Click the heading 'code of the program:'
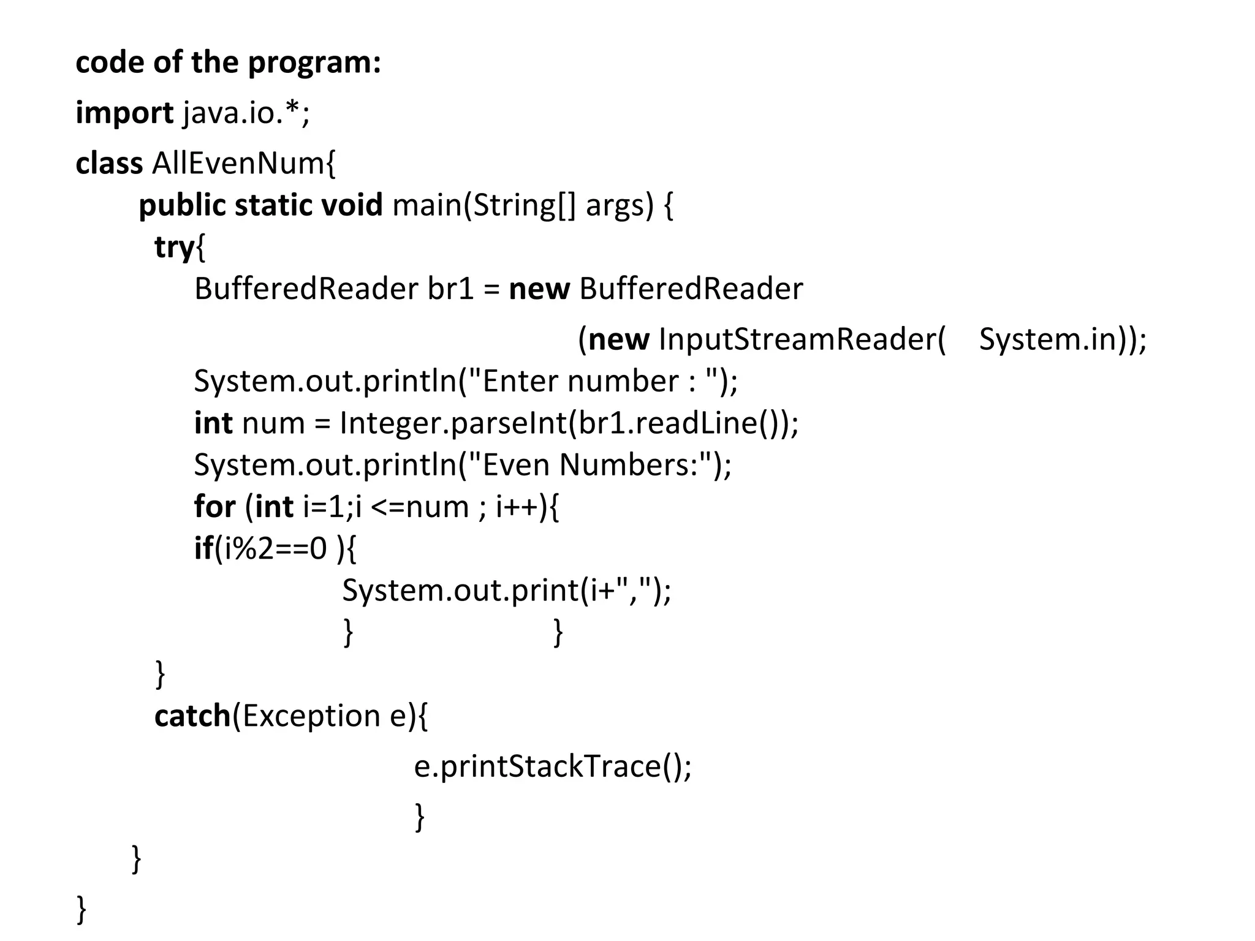(228, 62)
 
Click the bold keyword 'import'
(124, 113)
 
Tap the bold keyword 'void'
(352, 205)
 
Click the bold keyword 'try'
(173, 248)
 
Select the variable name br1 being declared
(450, 289)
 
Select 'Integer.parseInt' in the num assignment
(453, 423)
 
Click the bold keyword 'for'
(214, 507)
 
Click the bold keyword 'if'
(203, 548)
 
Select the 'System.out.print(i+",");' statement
(506, 591)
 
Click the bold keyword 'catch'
(192, 716)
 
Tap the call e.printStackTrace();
(552, 766)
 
